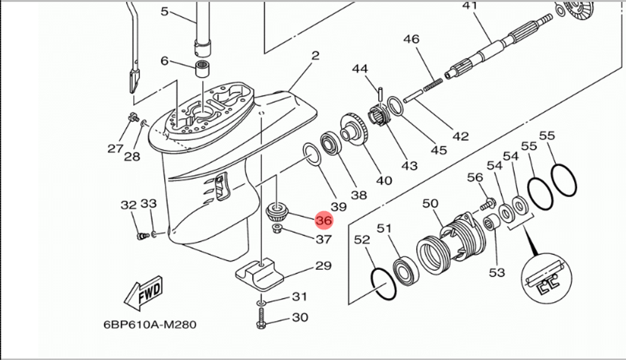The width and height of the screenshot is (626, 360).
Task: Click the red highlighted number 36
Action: pyautogui.click(x=324, y=220)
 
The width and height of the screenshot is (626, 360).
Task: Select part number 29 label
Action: pyautogui.click(x=323, y=266)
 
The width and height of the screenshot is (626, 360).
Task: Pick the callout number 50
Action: pyautogui.click(x=431, y=203)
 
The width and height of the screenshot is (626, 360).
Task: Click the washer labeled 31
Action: pyautogui.click(x=261, y=302)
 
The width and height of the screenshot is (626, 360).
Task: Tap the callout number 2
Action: pyautogui.click(x=315, y=56)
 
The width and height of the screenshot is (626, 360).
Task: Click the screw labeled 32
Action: pyautogui.click(x=141, y=235)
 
